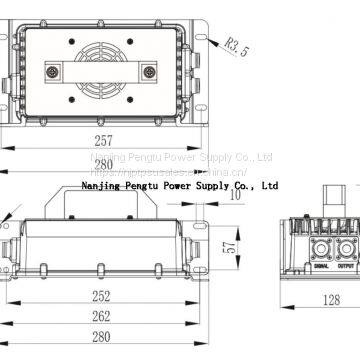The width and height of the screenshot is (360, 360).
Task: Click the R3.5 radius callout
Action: (x=235, y=44)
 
